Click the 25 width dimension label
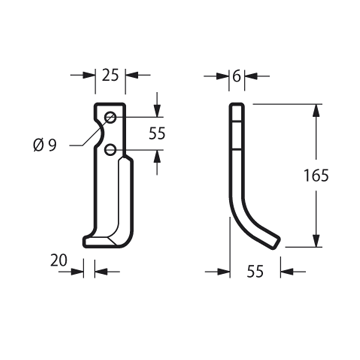coord(110,75)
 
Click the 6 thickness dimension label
coord(236,76)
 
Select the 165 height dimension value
coord(316,176)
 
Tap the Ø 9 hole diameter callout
coord(45,146)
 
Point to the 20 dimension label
coord(59,260)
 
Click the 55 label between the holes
coord(157,134)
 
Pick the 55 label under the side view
coord(255,272)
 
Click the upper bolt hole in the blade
coord(110,117)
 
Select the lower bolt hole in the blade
coord(110,150)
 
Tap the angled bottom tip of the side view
coord(275,243)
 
